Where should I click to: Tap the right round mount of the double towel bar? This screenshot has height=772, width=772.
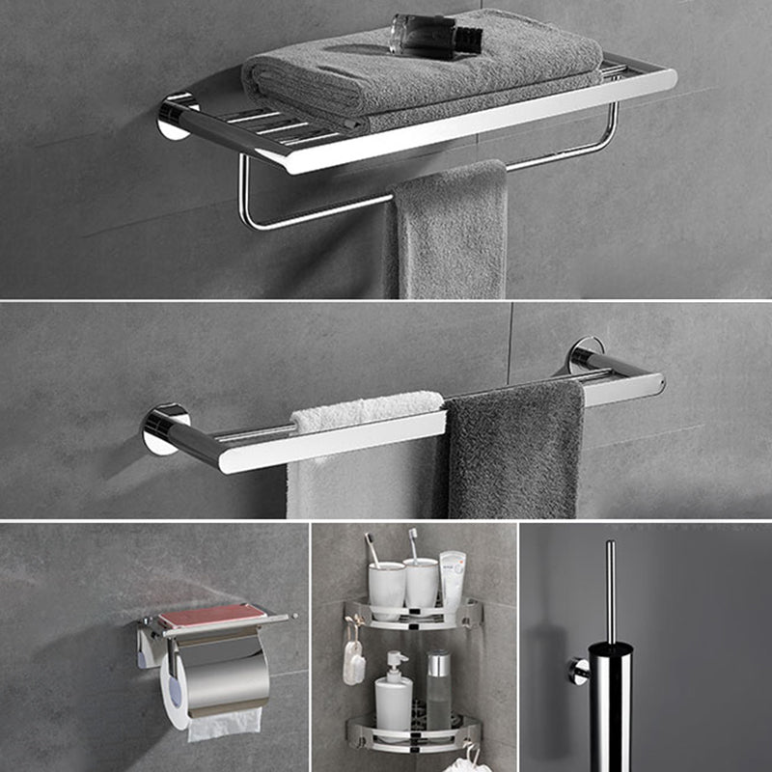click(x=585, y=354)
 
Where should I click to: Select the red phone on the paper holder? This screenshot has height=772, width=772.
click(x=212, y=616)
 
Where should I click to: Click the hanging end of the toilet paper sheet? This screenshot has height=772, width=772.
click(x=225, y=724)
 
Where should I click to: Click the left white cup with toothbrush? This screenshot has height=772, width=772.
click(x=387, y=589)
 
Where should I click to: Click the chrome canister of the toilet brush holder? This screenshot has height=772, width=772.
click(x=610, y=704)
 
